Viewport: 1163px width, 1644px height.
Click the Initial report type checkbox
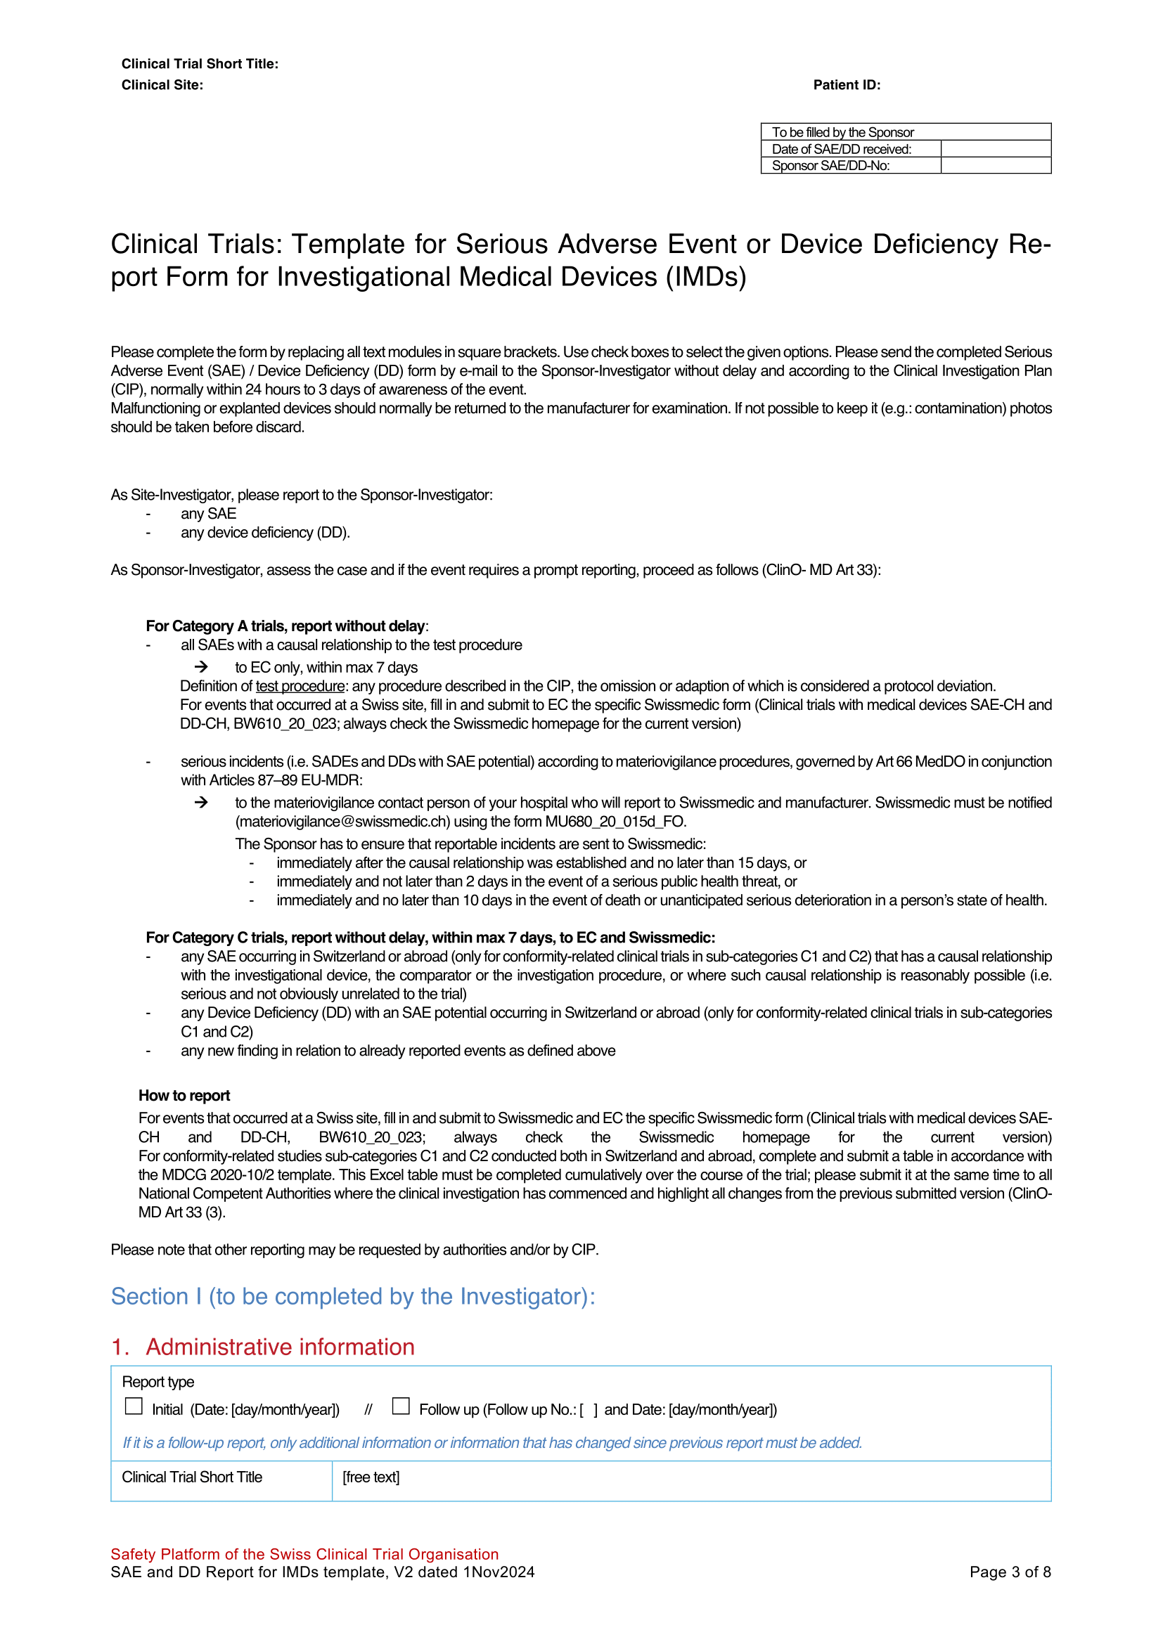coord(134,1406)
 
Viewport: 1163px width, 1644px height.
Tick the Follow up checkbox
coord(401,1406)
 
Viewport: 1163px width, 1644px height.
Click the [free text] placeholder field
coord(371,1477)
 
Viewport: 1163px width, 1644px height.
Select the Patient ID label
coord(847,85)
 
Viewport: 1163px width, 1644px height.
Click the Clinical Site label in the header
coord(162,85)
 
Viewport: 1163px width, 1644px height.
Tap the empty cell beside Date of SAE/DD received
coord(996,149)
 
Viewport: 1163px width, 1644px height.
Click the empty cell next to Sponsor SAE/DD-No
coord(996,165)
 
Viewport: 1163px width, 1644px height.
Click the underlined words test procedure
coord(300,686)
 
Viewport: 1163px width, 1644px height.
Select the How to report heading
coord(184,1096)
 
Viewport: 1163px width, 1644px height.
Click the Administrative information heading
coord(280,1347)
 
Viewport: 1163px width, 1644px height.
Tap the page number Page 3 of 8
coord(1010,1572)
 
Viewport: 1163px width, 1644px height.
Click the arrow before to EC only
coord(201,666)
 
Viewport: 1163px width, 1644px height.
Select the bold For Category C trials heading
coord(430,938)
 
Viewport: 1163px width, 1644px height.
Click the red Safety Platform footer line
coord(304,1554)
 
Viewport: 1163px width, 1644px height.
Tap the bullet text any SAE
coord(208,513)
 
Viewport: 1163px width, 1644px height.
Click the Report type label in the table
coord(158,1382)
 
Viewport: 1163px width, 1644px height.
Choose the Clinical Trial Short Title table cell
coord(192,1477)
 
